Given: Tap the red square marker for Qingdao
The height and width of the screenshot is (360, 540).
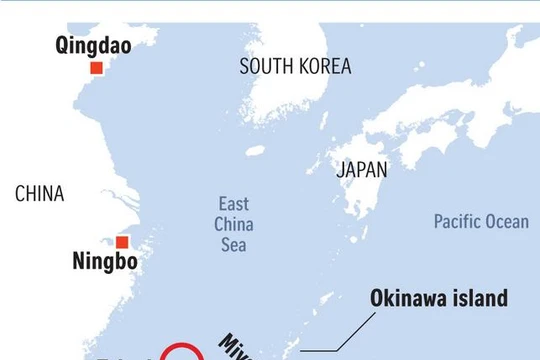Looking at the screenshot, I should point(96,68).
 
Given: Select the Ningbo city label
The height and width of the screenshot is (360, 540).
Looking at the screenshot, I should point(105,264).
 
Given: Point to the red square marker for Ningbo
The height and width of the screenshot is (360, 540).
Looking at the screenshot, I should point(122,242).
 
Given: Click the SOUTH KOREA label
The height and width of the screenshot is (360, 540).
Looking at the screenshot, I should point(295,67).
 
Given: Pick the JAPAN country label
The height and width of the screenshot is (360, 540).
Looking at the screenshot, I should point(361,170).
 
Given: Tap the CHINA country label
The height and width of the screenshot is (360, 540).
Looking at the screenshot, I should point(39,194).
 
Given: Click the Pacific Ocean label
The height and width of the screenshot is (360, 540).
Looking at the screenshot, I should point(481,222).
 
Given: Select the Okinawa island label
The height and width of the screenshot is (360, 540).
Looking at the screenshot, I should point(439,298).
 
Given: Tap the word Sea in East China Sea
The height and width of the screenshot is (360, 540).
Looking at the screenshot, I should point(235,245).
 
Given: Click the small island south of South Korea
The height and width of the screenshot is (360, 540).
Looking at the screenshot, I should point(254,151).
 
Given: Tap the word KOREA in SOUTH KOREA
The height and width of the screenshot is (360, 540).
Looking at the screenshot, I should point(324,67).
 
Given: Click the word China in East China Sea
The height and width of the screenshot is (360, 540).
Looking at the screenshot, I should point(235,224).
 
